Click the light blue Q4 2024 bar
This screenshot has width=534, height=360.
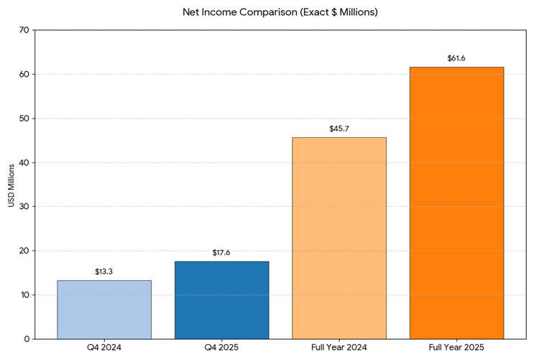(104, 309)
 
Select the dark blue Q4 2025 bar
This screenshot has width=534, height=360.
(221, 300)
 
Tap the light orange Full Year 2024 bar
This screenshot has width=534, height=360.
(339, 238)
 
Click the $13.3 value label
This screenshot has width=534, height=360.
(104, 272)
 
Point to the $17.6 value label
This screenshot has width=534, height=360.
(221, 253)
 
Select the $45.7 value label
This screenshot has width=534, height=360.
(339, 129)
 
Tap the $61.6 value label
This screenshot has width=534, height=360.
(456, 58)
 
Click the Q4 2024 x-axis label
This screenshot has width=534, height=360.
(104, 349)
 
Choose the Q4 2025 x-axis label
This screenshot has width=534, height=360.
(221, 349)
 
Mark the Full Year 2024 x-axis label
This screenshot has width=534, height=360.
(339, 349)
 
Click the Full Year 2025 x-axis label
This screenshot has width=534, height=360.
(456, 349)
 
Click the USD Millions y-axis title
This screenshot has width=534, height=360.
(11, 185)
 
